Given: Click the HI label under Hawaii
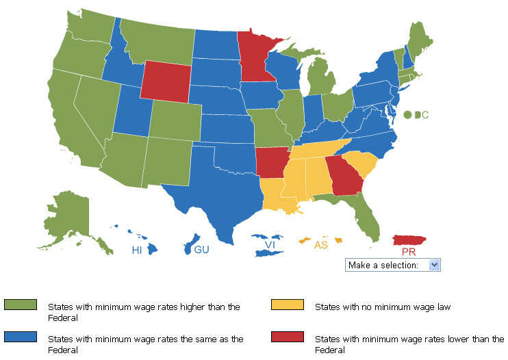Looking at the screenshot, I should (138, 250).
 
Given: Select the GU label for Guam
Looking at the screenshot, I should (201, 250).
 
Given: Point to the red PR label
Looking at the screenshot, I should (409, 252).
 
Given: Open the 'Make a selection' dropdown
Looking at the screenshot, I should (393, 265).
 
